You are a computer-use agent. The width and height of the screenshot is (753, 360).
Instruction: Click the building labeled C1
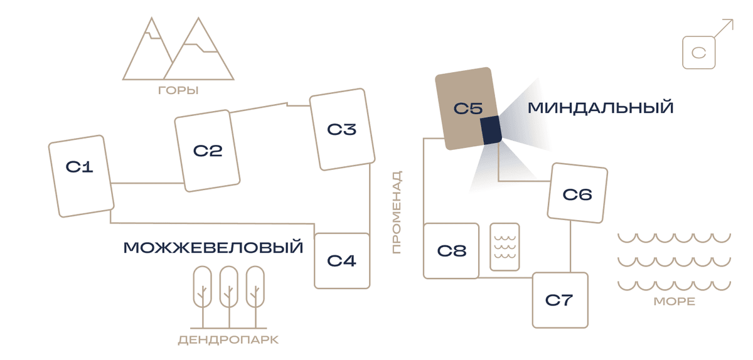pyautogui.click(x=81, y=176)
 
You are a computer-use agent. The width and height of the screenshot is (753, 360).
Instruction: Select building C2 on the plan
pyautogui.click(x=207, y=151)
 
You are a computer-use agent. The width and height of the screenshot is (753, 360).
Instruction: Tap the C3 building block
pyautogui.click(x=342, y=129)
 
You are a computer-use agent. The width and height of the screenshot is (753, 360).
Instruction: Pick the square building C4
pyautogui.click(x=342, y=261)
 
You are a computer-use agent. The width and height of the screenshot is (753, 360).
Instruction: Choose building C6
pyautogui.click(x=577, y=193)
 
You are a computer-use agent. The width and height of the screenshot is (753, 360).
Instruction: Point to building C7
pyautogui.click(x=560, y=300)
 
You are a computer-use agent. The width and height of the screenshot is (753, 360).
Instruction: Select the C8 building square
pyautogui.click(x=451, y=251)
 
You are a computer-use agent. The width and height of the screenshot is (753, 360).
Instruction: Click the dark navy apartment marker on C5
pyautogui.click(x=491, y=130)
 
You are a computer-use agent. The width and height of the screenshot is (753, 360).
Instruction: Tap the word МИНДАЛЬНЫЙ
pyautogui.click(x=601, y=108)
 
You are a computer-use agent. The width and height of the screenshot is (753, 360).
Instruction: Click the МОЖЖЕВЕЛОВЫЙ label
pyautogui.click(x=213, y=248)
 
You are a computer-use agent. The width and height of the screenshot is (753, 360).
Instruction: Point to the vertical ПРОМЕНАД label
pyautogui.click(x=397, y=212)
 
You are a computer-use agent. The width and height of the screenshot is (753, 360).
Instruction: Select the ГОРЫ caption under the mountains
pyautogui.click(x=178, y=90)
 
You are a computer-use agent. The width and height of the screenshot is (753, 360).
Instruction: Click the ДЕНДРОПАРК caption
pyautogui.click(x=228, y=340)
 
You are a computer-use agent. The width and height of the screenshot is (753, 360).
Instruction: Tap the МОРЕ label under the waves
pyautogui.click(x=675, y=302)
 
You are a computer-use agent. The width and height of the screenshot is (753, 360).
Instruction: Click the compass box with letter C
pyautogui.click(x=699, y=53)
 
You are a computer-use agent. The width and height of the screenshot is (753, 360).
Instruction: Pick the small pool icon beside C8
pyautogui.click(x=505, y=246)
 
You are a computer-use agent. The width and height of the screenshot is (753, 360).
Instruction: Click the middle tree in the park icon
pyautogui.click(x=229, y=297)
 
